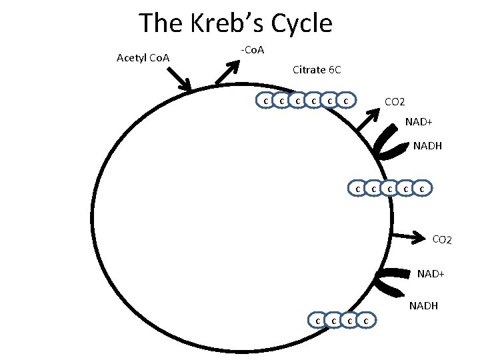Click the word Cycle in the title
click(x=299, y=23)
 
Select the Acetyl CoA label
click(x=143, y=58)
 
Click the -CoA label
click(x=252, y=50)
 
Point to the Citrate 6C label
click(x=317, y=69)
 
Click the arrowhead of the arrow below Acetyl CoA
click(x=187, y=87)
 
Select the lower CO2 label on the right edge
click(x=441, y=239)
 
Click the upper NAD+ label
click(x=419, y=123)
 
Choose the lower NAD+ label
click(x=431, y=273)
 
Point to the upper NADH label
click(x=427, y=145)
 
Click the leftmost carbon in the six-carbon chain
click(x=265, y=101)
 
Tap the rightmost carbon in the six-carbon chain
click(x=345, y=101)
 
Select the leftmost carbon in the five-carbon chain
click(x=357, y=189)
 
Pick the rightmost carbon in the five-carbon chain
click(x=422, y=189)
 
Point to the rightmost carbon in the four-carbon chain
click(x=366, y=321)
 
